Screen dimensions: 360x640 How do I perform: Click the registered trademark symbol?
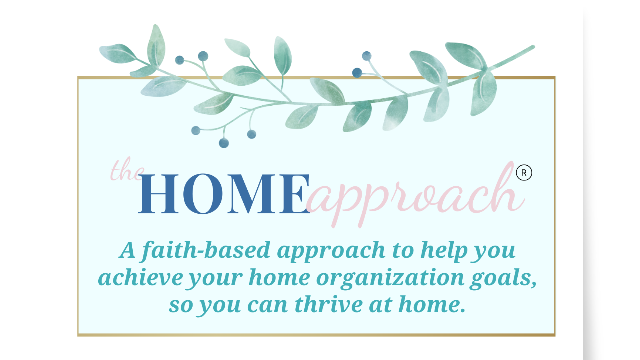pos(524,173)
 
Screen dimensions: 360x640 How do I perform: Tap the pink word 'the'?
pos(127,170)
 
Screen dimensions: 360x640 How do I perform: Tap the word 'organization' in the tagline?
pos(390,278)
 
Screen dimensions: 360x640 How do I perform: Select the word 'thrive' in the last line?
pos(329,305)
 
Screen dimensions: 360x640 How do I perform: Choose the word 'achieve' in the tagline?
pos(140,278)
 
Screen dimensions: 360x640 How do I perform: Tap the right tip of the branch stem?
pos(532,47)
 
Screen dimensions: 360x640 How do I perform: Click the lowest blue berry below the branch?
pos(224,143)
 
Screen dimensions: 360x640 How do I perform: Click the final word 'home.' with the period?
pos(432,305)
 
